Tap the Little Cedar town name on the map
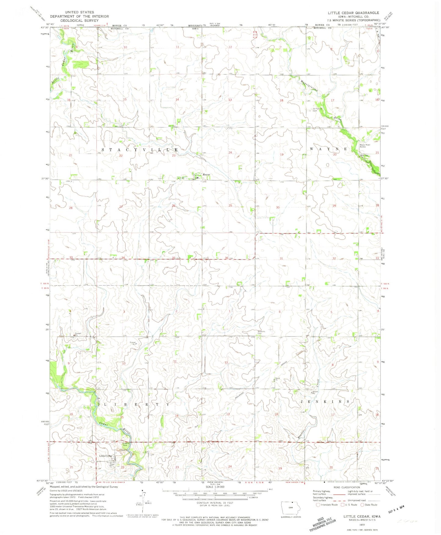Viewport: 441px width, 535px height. (x=106, y=456)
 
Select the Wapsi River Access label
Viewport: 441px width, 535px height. (x=365, y=146)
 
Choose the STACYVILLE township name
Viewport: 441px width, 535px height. (x=140, y=150)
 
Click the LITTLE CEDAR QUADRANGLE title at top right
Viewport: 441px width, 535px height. (x=353, y=13)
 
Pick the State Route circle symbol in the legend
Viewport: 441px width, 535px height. (x=363, y=505)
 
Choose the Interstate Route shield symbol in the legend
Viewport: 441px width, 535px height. (x=318, y=505)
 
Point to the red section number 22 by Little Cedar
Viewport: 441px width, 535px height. (x=123, y=467)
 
